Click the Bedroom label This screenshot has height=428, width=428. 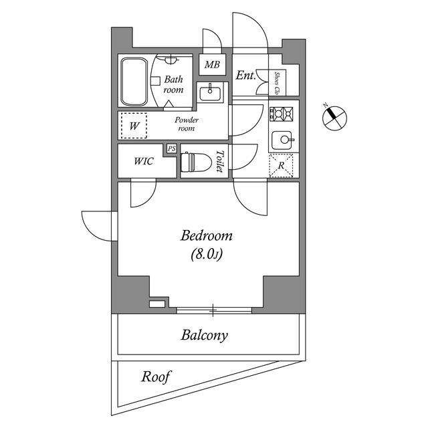coord(207,236)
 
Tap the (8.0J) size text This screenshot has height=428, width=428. coord(207,255)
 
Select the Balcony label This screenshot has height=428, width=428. coord(204,335)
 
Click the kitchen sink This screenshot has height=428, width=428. coord(284,140)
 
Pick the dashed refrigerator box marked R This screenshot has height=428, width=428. coord(282,165)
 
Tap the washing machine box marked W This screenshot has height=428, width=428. coord(134,125)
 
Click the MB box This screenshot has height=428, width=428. coord(212,66)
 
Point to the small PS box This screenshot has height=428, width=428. coord(172,148)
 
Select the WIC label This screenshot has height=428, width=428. coord(144,161)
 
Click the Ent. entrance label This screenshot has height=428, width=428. coord(245,76)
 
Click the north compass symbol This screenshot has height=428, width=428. coord(334,117)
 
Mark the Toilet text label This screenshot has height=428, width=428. coord(219,162)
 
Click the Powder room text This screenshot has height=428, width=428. coord(186,124)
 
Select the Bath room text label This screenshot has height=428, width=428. coord(173,84)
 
